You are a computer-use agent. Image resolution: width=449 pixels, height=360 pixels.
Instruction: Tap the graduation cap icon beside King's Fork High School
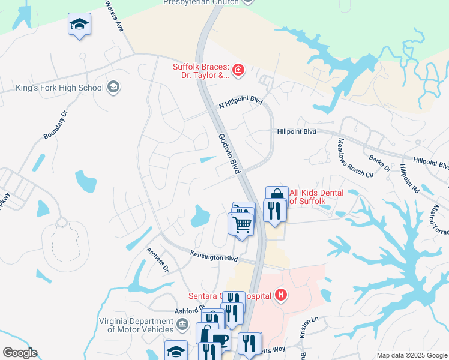[x=112, y=88]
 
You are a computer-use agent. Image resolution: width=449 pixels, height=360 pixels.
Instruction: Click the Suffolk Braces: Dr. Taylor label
[x=200, y=71]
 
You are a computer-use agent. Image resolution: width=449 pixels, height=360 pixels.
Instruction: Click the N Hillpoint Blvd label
[x=241, y=103]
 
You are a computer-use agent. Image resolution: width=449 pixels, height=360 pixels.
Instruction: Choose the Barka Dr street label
[x=381, y=164]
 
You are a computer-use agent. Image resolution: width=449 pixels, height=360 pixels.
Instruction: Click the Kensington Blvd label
[x=214, y=257]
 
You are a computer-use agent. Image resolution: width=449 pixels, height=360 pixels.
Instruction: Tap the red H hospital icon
[x=280, y=295]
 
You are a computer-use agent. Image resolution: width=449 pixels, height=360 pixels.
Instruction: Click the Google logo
[x=20, y=353]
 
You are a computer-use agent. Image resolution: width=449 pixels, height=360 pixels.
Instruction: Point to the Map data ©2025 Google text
[x=412, y=355]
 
